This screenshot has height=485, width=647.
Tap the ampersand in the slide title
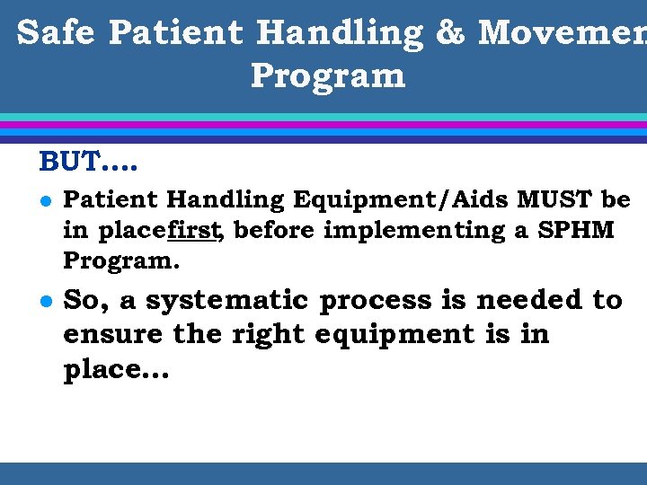(449, 32)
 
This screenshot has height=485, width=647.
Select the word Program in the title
(328, 75)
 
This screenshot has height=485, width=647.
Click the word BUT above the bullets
(66, 163)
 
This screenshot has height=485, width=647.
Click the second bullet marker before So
(44, 302)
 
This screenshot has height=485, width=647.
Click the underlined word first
(195, 230)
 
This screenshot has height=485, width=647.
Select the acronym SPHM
(575, 230)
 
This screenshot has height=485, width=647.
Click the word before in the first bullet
(275, 230)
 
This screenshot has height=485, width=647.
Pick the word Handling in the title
(339, 32)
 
